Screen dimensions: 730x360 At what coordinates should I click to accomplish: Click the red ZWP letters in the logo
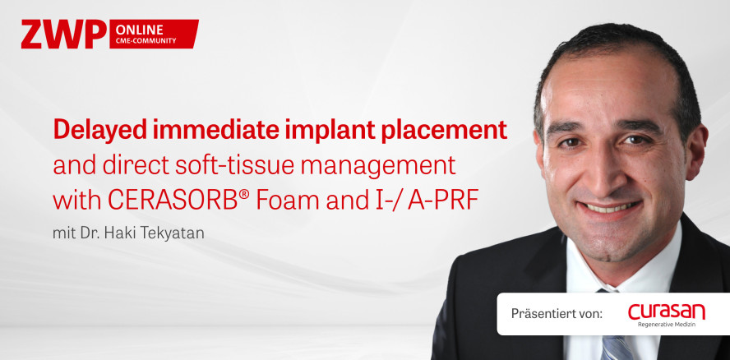pyautogui.click(x=64, y=34)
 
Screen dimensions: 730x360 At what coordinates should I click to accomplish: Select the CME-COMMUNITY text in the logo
pyautogui.click(x=146, y=41)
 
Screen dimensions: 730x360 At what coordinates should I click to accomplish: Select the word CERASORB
pyautogui.click(x=173, y=201)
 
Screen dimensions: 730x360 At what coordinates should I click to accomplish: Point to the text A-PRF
pyautogui.click(x=443, y=201)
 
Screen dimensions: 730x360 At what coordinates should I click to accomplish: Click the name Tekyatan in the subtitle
pyautogui.click(x=178, y=233)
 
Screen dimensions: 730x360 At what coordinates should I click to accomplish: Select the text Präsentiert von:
pyautogui.click(x=557, y=313)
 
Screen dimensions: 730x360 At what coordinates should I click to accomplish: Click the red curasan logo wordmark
pyautogui.click(x=666, y=312)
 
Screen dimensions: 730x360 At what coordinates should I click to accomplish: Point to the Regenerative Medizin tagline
pyautogui.click(x=667, y=325)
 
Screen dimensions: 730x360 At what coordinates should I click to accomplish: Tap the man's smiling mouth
pyautogui.click(x=611, y=207)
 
